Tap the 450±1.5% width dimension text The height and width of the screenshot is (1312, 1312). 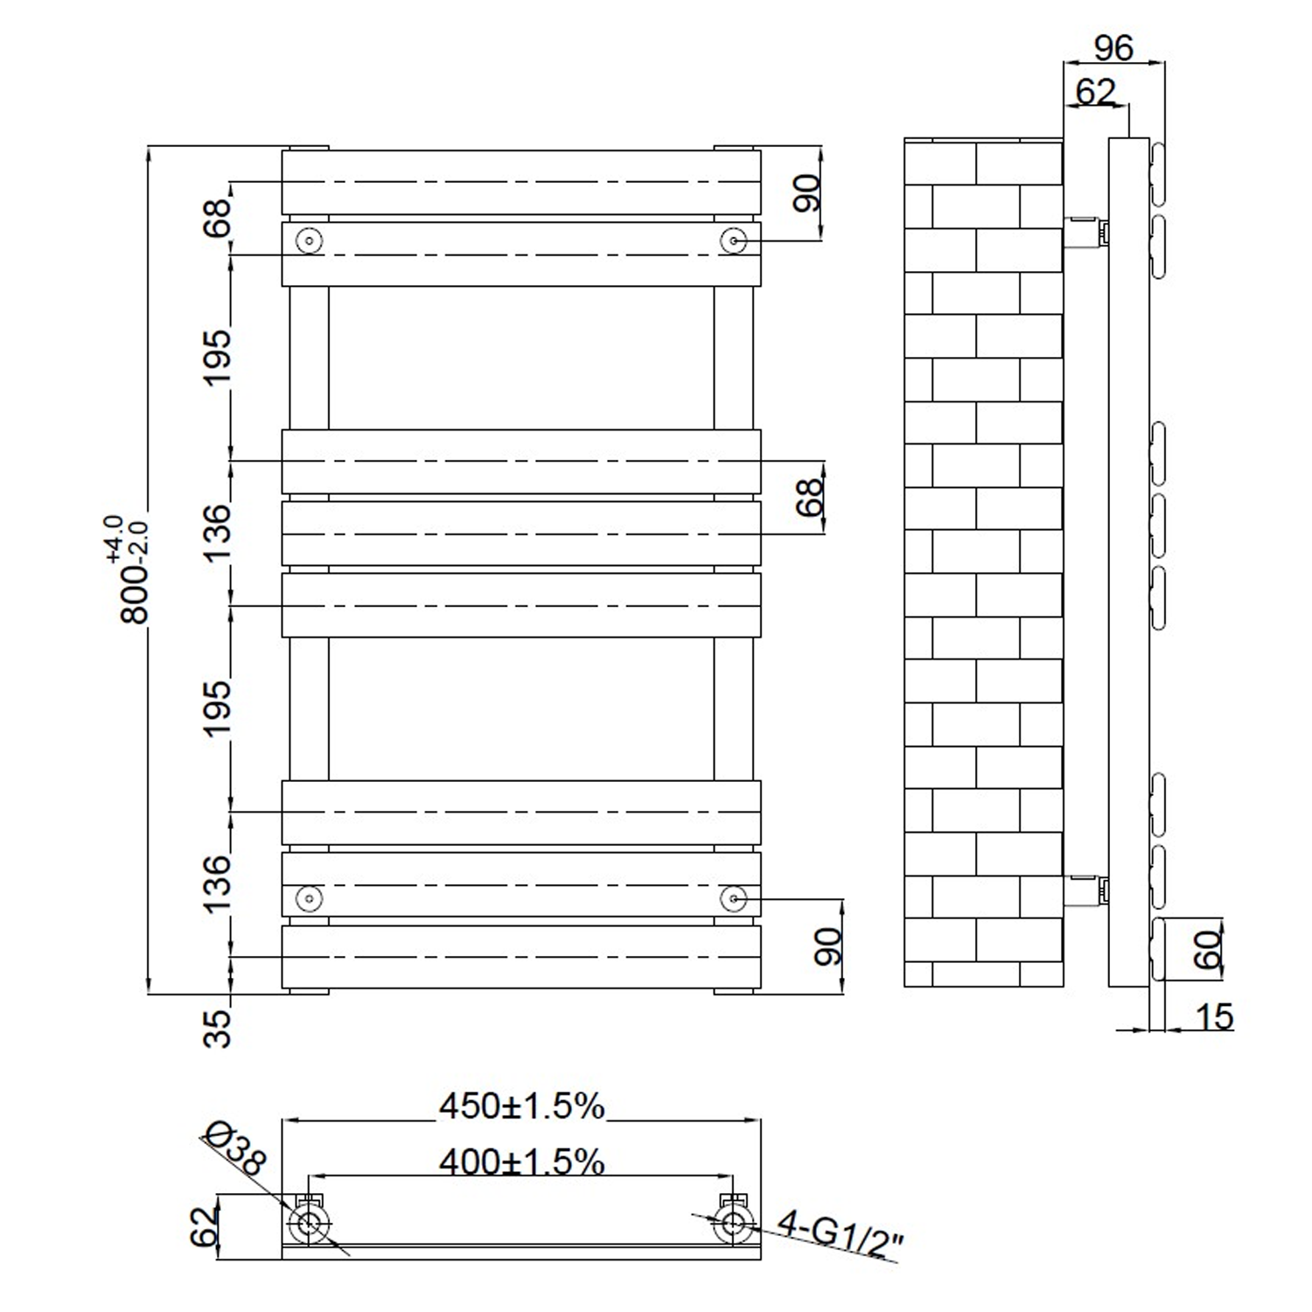coord(521,1106)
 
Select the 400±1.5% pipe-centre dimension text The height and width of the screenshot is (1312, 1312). coord(521,1162)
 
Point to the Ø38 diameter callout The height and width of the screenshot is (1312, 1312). coord(234,1148)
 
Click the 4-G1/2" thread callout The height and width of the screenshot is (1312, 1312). coord(840,1234)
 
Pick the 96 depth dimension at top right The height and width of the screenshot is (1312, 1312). coord(1113,48)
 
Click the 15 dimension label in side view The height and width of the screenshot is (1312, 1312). coord(1213,1017)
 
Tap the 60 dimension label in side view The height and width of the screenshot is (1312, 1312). coord(1208,950)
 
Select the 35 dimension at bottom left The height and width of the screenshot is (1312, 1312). coord(218,1028)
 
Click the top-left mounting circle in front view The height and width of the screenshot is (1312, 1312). coord(310,241)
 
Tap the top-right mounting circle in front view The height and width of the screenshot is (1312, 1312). coord(733,241)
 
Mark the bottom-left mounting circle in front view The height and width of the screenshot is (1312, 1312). coord(310,898)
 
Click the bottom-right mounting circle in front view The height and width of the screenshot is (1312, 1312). coord(733,898)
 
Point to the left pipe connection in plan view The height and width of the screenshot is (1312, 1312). coord(309,1225)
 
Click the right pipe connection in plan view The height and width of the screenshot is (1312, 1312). coord(733,1225)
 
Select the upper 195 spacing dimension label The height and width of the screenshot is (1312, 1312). coord(218,357)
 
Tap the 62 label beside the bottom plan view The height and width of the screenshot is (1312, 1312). coord(204,1226)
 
